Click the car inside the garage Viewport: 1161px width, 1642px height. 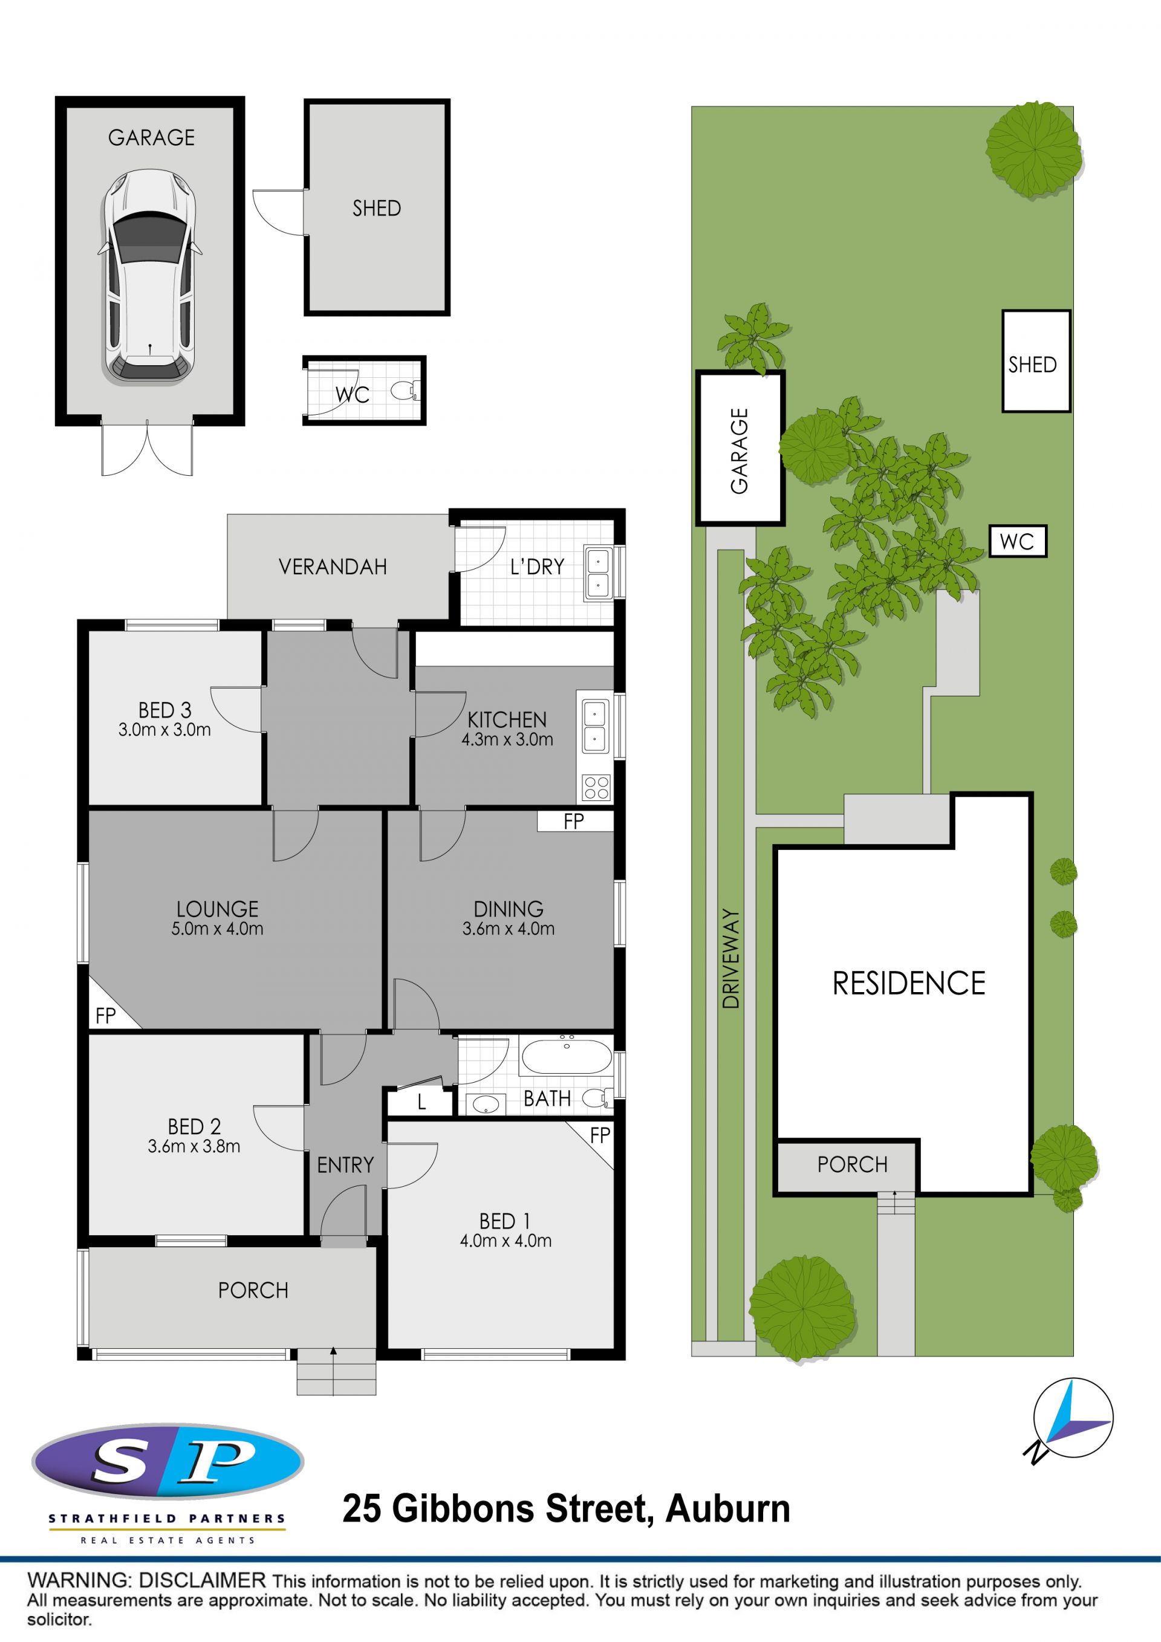pyautogui.click(x=150, y=276)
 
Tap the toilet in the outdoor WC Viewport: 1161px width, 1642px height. pyautogui.click(x=406, y=391)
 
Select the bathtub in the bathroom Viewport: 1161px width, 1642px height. pyautogui.click(x=566, y=1055)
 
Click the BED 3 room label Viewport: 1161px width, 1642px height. pyautogui.click(x=164, y=710)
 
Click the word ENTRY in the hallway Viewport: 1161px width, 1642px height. pyautogui.click(x=345, y=1165)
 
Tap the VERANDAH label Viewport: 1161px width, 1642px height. pyautogui.click(x=333, y=567)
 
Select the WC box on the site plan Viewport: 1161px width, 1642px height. pyautogui.click(x=1017, y=541)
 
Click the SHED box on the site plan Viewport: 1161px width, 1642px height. pyautogui.click(x=1036, y=361)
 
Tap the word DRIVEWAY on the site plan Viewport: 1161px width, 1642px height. pyautogui.click(x=730, y=958)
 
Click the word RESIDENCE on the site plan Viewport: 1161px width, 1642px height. pyautogui.click(x=908, y=984)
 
